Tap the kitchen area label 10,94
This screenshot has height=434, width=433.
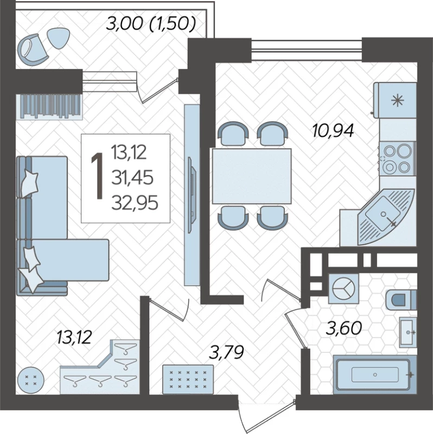point(333,131)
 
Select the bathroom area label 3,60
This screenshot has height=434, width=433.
point(344,328)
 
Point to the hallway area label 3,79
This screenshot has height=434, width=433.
point(226,353)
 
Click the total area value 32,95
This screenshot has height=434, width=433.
point(135,202)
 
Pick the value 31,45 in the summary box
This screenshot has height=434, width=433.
point(132,177)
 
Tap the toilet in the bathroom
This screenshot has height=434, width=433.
point(401,300)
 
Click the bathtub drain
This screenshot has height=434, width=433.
point(375,375)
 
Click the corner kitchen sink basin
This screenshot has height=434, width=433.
point(383,213)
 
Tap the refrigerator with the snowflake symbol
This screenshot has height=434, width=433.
point(395,100)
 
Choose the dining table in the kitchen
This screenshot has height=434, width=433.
point(252,176)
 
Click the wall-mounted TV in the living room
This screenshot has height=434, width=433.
point(192,195)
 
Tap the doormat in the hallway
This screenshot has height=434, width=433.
point(188,379)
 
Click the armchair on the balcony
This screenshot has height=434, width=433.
point(31,50)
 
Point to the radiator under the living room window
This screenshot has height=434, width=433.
point(49,106)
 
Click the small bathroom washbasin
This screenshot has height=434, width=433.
point(407,332)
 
